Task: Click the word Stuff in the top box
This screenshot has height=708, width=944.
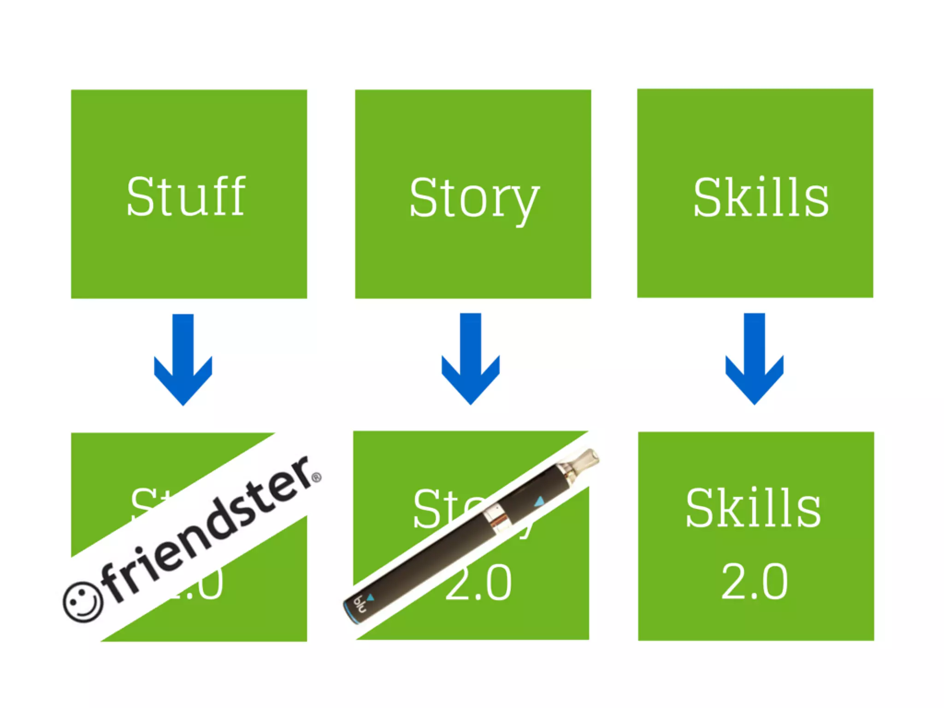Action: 186,197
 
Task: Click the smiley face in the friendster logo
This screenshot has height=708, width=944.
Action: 83,602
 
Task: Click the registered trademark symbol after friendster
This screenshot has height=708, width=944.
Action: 316,478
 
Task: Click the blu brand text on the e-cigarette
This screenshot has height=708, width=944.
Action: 360,604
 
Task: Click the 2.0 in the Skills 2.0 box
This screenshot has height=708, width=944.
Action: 754,582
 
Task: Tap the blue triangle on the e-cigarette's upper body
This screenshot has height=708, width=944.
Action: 539,501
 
